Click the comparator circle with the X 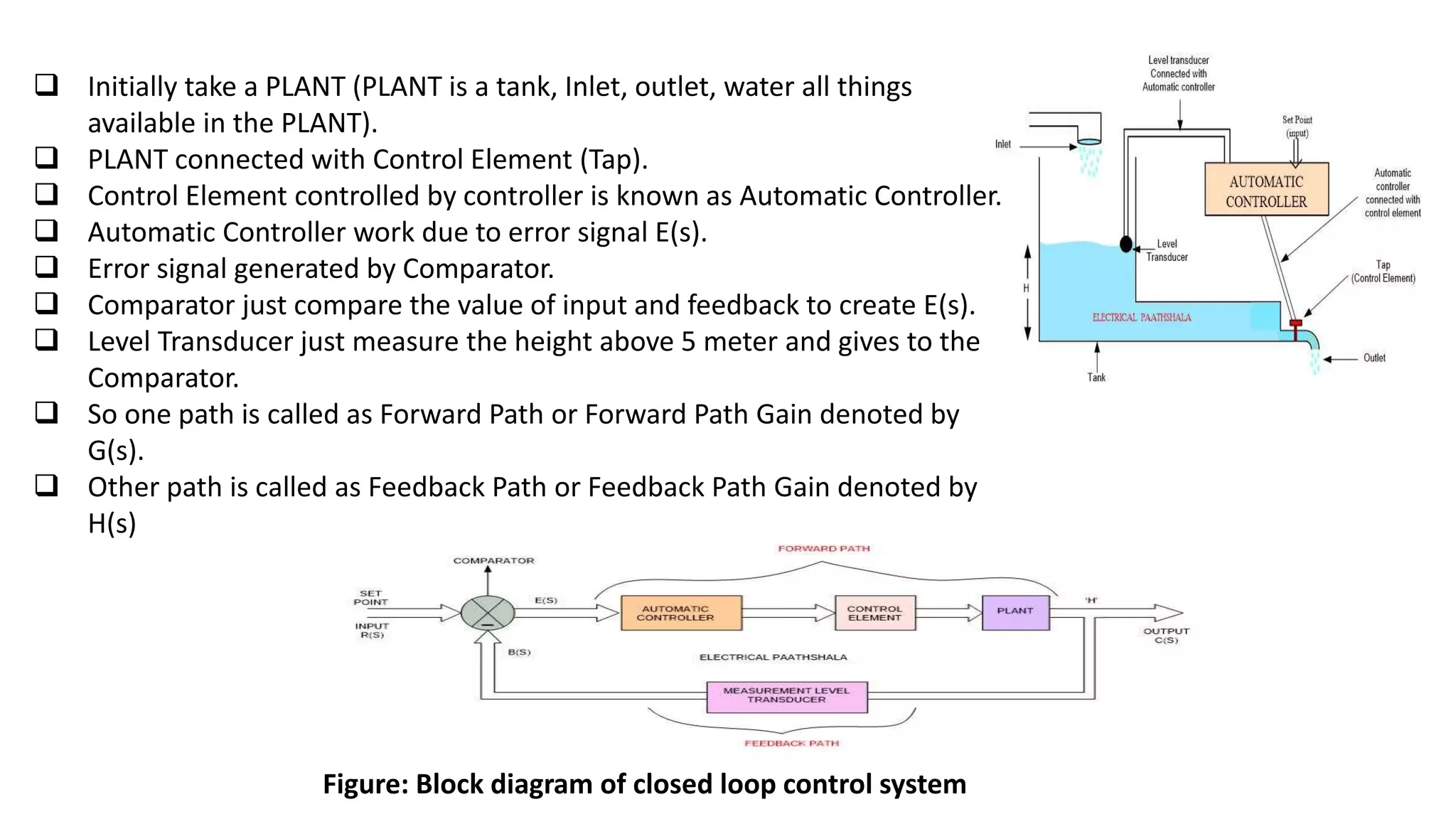point(488,612)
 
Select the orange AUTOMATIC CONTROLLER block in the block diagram point(680,613)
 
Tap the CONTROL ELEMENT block point(874,613)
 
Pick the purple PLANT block point(1015,612)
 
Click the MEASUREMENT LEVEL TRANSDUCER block point(786,696)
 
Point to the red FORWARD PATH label point(823,548)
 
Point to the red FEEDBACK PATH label point(791,743)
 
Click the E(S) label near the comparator point(546,600)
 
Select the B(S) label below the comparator point(519,652)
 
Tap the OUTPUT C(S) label point(1166,635)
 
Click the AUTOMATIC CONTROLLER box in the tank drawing point(1266,190)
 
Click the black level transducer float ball point(1125,245)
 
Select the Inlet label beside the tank point(1002,144)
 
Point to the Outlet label point(1374,358)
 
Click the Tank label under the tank point(1096,378)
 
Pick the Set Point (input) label point(1297,127)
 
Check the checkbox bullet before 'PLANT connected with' point(47,157)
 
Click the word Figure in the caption point(364,784)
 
